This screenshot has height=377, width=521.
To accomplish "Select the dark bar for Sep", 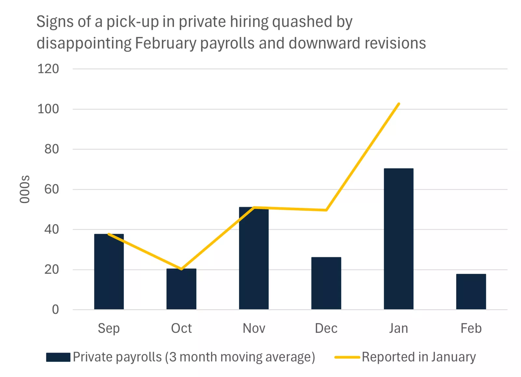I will click(x=109, y=272).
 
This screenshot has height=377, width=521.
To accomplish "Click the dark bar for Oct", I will click(x=181, y=289).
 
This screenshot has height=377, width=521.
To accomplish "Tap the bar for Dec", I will click(x=326, y=283).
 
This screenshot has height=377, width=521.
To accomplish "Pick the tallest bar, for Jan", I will click(x=399, y=239).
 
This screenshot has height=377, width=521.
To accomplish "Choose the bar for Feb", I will click(x=471, y=292).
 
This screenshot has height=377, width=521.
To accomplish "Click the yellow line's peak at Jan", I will click(x=399, y=104).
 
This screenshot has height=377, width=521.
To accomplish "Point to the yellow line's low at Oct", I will click(x=181, y=269).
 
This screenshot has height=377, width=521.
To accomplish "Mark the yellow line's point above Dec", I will click(x=326, y=210).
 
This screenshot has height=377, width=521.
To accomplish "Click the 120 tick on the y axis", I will click(x=48, y=69).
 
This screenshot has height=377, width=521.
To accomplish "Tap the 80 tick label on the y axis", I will click(x=51, y=149).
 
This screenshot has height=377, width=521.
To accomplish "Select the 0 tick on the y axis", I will click(x=55, y=310).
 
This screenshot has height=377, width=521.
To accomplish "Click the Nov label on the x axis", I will click(x=254, y=328).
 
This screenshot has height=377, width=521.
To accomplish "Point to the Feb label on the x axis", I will click(x=471, y=328).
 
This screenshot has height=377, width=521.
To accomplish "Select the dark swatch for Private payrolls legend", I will click(x=58, y=357).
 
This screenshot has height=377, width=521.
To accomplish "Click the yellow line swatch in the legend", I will click(x=347, y=357).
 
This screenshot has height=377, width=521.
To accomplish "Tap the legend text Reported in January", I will click(x=419, y=357).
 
